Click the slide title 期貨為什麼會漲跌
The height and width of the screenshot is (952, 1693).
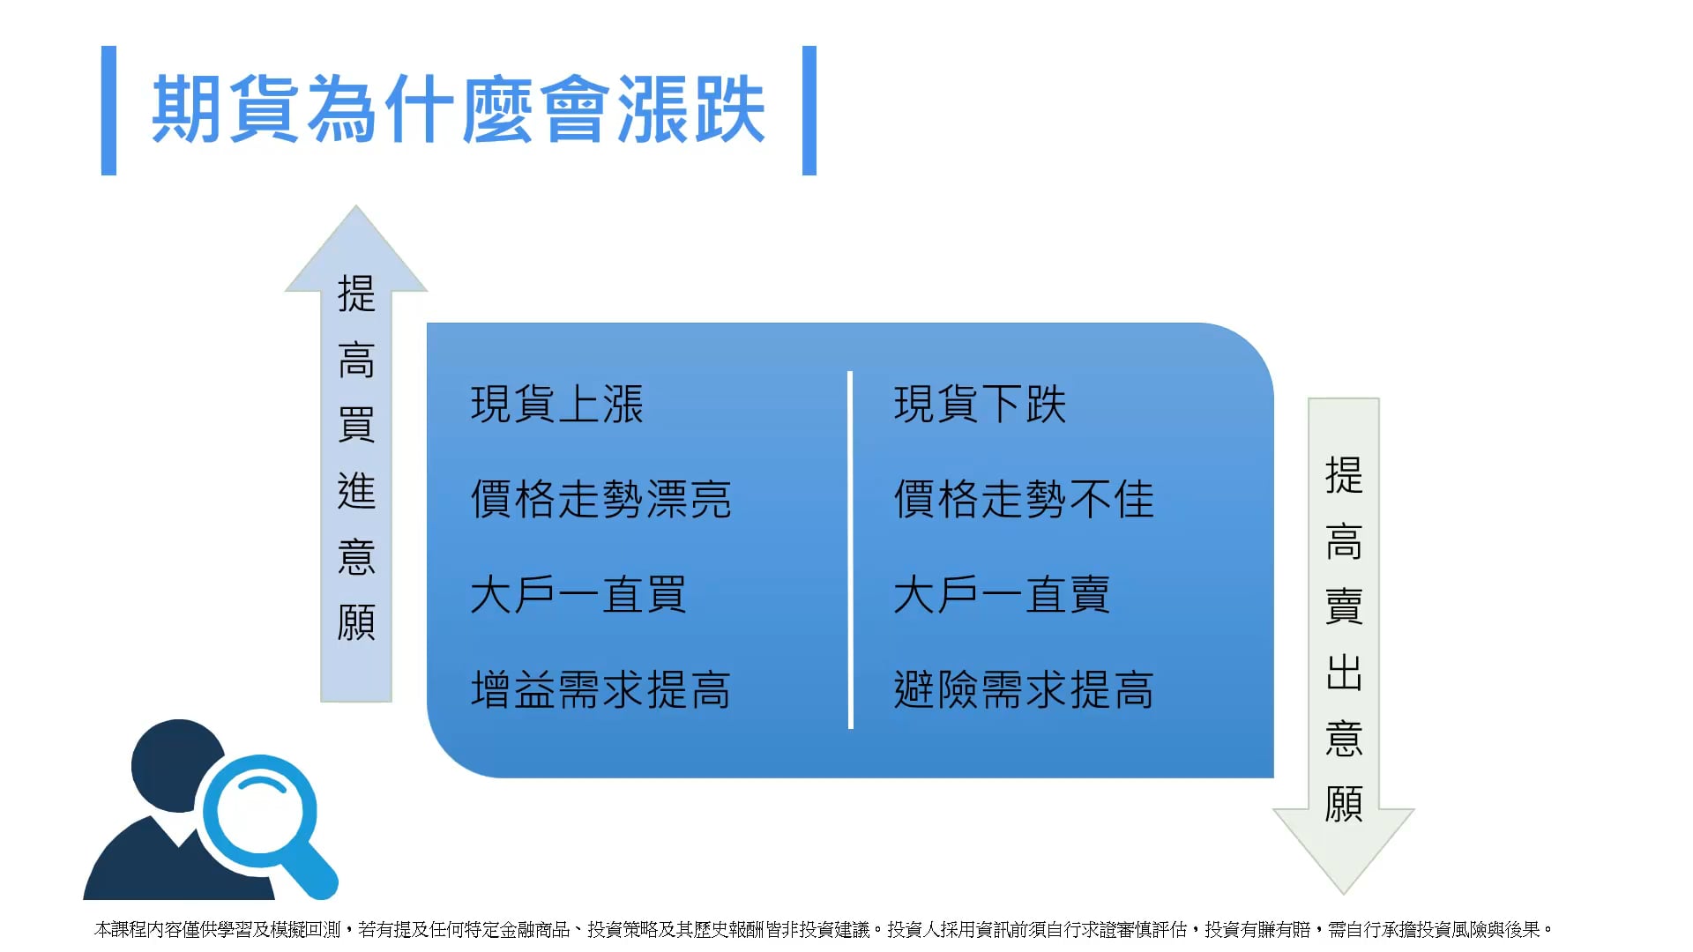click(459, 109)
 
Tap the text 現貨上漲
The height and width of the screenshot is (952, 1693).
click(557, 405)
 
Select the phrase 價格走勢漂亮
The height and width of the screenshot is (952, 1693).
click(601, 499)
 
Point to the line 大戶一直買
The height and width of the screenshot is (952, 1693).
click(578, 594)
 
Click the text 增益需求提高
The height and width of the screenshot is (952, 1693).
click(601, 689)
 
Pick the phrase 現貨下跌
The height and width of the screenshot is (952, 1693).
click(981, 405)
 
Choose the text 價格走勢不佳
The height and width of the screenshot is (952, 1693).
click(1025, 499)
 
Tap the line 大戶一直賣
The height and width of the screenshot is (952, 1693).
click(1002, 594)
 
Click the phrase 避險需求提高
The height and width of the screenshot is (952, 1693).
click(1025, 689)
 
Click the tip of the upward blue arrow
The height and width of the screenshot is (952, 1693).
click(355, 206)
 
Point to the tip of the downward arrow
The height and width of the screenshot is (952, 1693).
click(1343, 894)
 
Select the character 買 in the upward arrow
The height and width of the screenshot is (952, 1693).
click(356, 425)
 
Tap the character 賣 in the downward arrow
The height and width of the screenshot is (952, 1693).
click(1344, 606)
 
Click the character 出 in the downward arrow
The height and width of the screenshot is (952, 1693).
click(1344, 673)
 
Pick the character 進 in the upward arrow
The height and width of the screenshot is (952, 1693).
click(356, 491)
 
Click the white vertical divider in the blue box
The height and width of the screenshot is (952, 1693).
click(850, 550)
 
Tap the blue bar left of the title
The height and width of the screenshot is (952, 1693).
click(108, 110)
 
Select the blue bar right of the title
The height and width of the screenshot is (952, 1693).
click(809, 110)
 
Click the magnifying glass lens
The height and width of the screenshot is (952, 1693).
click(260, 812)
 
